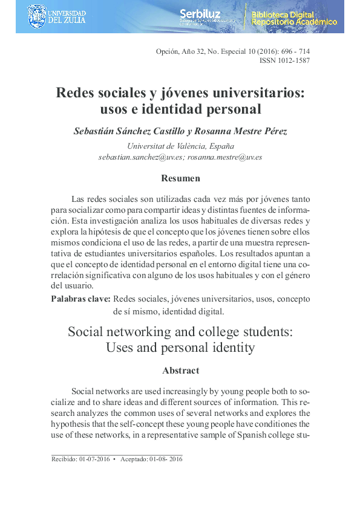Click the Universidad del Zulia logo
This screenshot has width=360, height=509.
point(57,16)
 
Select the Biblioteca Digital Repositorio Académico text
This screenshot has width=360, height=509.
point(294,18)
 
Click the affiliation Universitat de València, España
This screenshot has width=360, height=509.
point(180,146)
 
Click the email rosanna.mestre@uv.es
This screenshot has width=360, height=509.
point(224,157)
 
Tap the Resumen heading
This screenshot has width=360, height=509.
point(180,178)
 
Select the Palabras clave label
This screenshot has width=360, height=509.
point(80,299)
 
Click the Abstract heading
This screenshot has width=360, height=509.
point(180,370)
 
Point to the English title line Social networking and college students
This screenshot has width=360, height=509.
point(180,332)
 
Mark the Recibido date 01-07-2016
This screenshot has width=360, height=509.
point(94,459)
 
